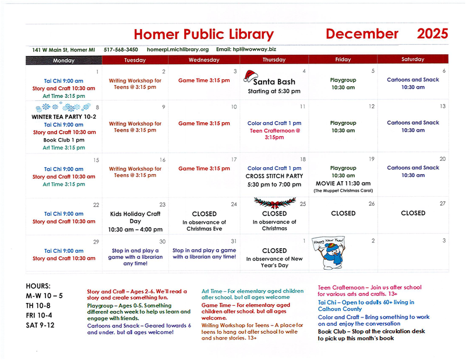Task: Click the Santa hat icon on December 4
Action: pos(252,75)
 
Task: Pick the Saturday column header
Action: pos(413,59)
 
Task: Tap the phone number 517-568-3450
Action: pos(121,50)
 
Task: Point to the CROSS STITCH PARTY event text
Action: pos(274,176)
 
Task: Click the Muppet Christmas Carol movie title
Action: pos(344,191)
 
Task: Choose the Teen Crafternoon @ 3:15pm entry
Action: pos(274,134)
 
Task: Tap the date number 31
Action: pos(233,241)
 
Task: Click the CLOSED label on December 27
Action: pos(413,213)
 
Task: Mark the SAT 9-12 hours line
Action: pos(40,325)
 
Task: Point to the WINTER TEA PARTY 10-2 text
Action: pos(63,117)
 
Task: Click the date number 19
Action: pos(371,159)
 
